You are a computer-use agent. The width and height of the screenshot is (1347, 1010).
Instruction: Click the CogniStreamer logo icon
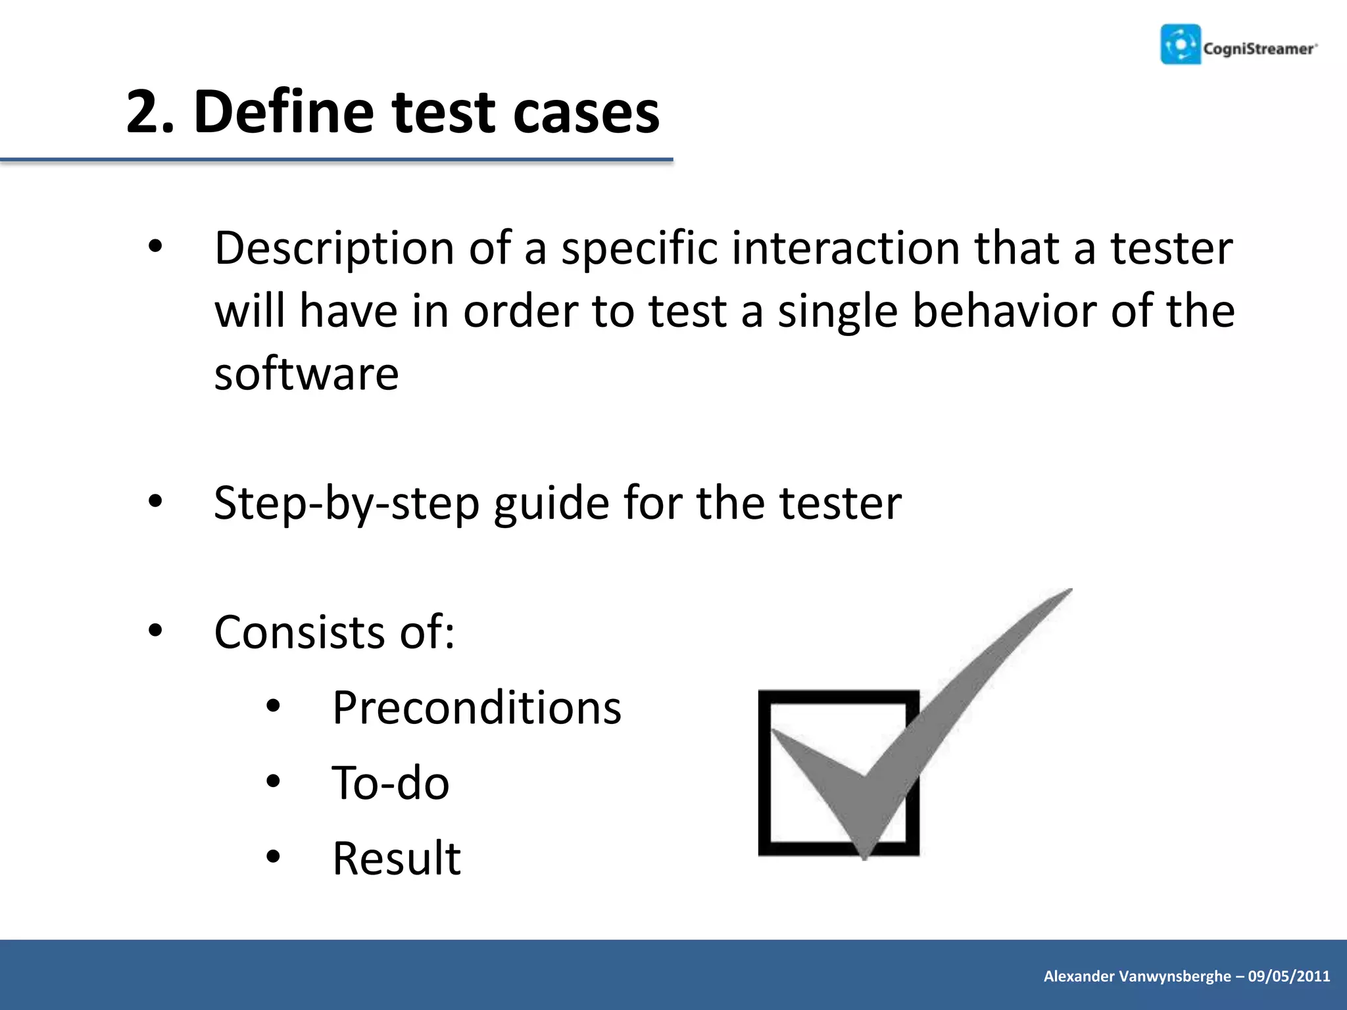[x=1180, y=45]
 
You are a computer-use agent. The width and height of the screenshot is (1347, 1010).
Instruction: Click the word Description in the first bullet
[x=334, y=249]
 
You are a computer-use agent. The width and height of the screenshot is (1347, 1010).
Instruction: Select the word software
[x=306, y=373]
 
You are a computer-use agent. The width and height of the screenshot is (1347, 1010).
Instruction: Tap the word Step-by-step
[x=347, y=504]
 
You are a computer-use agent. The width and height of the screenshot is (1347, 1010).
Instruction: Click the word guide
[x=551, y=504]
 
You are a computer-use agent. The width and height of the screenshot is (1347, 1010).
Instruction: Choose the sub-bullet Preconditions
[x=476, y=708]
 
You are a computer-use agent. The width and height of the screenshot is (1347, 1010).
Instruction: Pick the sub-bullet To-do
[x=391, y=784]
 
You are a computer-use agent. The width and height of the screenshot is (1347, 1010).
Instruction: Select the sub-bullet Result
[x=396, y=859]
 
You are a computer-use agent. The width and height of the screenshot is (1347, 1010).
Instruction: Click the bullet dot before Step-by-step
[x=155, y=502]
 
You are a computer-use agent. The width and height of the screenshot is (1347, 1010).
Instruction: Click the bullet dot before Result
[x=274, y=857]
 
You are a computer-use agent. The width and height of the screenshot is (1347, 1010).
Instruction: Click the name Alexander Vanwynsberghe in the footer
[x=1137, y=976]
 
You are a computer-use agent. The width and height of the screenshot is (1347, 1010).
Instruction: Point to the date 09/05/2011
[x=1288, y=976]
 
